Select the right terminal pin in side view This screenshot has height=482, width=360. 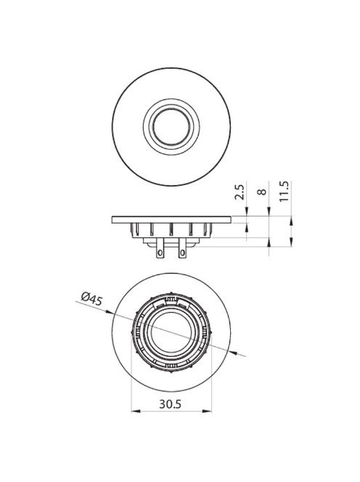point(182,250)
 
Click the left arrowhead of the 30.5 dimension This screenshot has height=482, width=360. point(134,413)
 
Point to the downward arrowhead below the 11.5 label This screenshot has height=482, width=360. point(291,213)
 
